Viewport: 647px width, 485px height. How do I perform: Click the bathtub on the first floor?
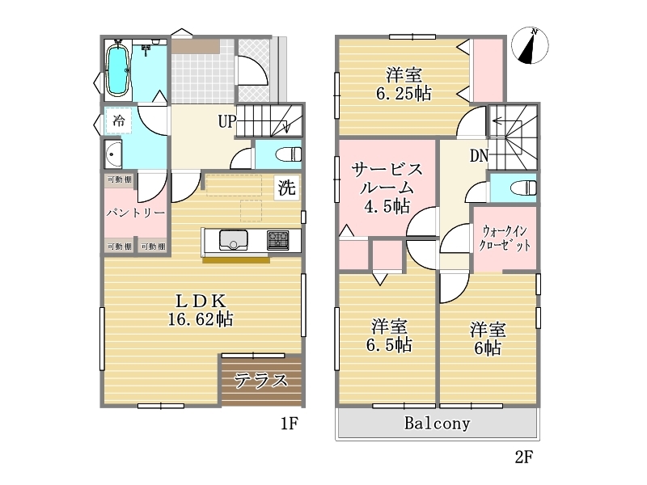118,70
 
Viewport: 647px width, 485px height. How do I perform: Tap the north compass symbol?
530,45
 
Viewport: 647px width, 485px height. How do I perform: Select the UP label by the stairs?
227,121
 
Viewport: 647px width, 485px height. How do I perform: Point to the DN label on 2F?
479,156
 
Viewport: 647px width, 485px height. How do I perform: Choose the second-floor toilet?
523,188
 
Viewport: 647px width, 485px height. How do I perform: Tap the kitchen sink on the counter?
233,240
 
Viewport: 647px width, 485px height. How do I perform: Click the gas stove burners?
277,240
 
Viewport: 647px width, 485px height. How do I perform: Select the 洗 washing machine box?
286,188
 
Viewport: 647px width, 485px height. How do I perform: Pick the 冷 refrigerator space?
118,120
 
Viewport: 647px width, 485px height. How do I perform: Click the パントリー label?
136,213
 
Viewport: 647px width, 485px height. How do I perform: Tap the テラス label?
260,380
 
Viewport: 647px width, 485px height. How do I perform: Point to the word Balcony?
437,424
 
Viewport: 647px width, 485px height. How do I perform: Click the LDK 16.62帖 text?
201,310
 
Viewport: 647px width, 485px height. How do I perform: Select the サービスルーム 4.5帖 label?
387,188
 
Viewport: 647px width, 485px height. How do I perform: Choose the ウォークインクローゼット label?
505,238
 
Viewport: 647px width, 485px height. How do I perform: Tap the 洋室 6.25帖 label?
404,85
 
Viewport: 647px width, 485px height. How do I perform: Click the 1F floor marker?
290,424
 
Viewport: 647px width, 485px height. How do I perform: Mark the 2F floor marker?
524,457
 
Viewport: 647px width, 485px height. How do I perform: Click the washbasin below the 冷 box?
112,154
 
